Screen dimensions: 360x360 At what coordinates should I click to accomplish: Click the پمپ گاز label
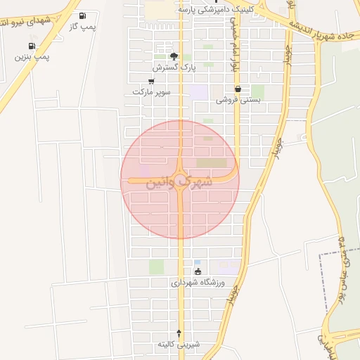pos(83,26)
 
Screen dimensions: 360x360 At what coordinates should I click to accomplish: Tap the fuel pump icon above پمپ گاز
pos(84,15)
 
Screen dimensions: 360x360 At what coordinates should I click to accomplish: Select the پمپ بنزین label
pos(34,56)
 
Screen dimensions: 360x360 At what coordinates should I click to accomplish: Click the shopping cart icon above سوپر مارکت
pos(151,82)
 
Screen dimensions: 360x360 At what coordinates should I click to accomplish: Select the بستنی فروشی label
pos(238,100)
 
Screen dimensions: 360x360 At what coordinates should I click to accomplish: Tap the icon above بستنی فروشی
pos(238,89)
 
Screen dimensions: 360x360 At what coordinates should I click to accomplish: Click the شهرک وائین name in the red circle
pos(180,182)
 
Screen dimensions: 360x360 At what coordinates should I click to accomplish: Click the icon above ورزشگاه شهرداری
pos(198,271)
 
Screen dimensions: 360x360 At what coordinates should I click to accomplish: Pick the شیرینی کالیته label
pos(179,344)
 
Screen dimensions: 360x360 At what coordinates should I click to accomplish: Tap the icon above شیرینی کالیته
pos(179,333)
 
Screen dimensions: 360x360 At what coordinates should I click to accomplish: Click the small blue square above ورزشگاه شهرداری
pos(197,262)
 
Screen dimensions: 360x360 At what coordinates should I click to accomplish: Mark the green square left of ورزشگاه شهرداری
pos(156,267)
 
